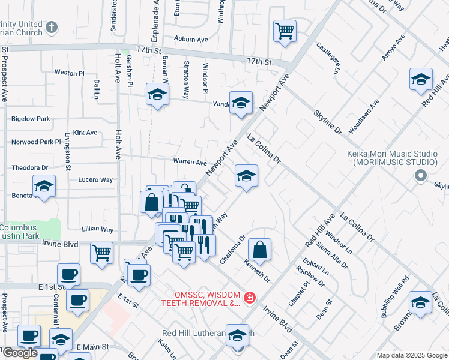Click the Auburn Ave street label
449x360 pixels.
[x=191, y=39]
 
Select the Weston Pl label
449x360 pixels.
[x=69, y=73]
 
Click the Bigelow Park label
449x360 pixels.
[x=31, y=119]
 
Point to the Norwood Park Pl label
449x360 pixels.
[x=37, y=143]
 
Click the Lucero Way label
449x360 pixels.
[x=95, y=179]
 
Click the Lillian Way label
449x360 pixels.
[x=98, y=229]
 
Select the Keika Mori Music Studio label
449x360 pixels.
[x=391, y=158]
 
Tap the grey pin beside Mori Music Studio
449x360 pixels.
[x=421, y=176]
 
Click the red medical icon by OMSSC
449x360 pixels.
[x=249, y=297]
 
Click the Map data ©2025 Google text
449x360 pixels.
[x=411, y=355]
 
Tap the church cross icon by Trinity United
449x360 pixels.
[x=52, y=27]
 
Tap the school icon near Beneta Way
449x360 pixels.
[x=44, y=186]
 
